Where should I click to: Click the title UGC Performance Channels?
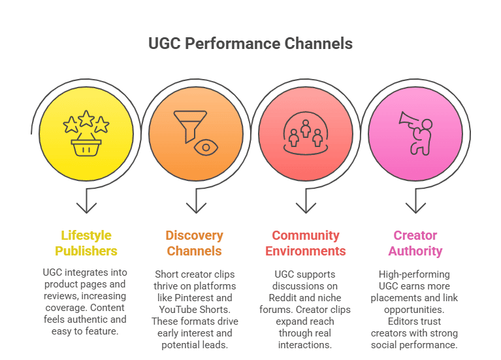pos(250,44)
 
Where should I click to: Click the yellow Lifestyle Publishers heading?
pos(86,243)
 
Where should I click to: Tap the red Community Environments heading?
pos(306,243)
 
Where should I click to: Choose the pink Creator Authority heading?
pos(415,243)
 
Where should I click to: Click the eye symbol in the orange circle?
pos(206,147)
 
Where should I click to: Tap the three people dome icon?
pos(305,136)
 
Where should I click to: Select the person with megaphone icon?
pos(416,134)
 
